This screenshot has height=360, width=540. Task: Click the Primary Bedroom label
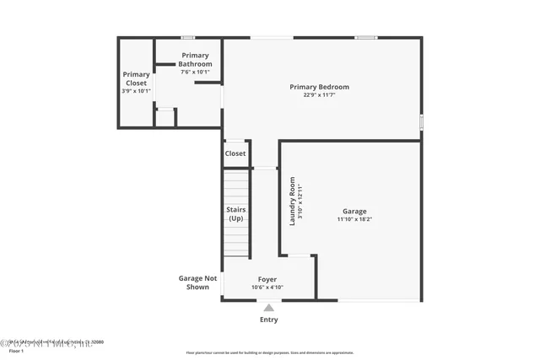(x=319, y=87)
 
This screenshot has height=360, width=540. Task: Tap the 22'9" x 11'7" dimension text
(x=319, y=95)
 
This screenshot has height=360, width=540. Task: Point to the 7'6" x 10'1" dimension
(x=196, y=73)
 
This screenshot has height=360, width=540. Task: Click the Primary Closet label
(x=136, y=78)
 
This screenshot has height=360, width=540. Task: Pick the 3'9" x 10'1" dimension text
(x=136, y=91)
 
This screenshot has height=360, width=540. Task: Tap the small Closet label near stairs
(x=235, y=153)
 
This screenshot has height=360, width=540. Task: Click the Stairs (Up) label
(x=236, y=214)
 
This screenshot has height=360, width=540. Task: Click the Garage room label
(x=354, y=211)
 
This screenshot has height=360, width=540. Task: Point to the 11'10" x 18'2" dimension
(x=354, y=219)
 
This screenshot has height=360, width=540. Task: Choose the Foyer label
(x=267, y=279)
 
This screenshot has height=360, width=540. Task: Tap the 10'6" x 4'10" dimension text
(x=267, y=287)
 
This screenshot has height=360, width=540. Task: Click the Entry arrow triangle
(x=269, y=308)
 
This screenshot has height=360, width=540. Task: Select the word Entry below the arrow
(x=269, y=320)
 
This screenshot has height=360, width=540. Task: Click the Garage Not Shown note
(x=197, y=282)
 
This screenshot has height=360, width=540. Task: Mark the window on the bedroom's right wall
(x=422, y=121)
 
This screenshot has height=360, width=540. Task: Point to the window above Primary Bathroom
(x=188, y=37)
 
